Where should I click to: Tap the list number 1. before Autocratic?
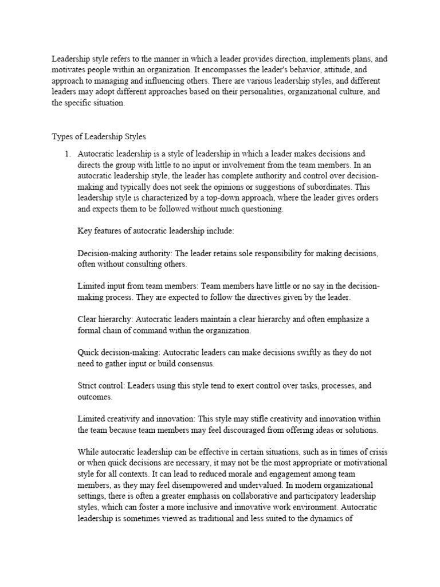click(68, 154)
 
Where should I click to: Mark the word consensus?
click(194, 363)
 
